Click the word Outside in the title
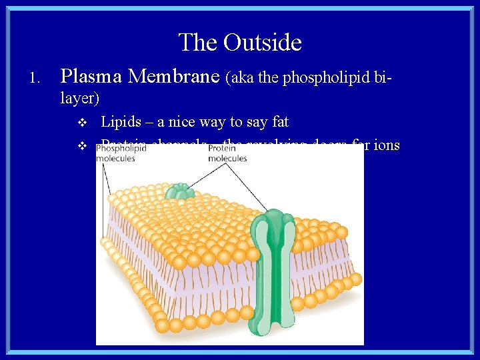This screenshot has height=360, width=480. click(x=263, y=43)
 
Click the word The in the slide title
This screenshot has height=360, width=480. click(x=198, y=43)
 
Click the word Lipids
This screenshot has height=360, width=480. click(x=121, y=122)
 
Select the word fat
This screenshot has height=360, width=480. click(x=281, y=122)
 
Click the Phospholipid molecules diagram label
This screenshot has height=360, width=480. click(x=122, y=154)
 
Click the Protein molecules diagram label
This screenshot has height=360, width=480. click(x=227, y=154)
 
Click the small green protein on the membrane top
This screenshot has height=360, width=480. click(x=179, y=192)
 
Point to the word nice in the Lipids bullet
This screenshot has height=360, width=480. click(x=184, y=122)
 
